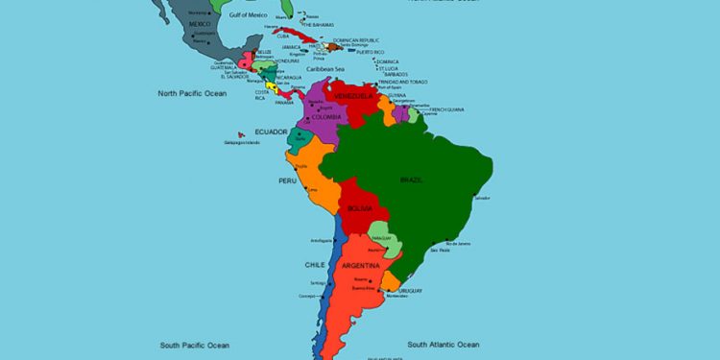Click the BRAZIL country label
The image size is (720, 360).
coord(411,180)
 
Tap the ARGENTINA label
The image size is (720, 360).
coord(360,265)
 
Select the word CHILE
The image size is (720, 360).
coord(316,264)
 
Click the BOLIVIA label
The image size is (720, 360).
coord(360,207)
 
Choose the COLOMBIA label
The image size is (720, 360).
coord(326,117)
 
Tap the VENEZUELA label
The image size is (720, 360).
coord(351,96)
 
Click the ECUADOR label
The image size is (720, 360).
coord(272,131)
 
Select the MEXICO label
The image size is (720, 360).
coord(200,23)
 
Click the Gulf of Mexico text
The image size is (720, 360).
coord(249,15)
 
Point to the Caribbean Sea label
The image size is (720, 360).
coord(325,69)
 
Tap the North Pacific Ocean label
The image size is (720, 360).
coord(192,93)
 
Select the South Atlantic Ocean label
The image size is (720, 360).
coord(443,344)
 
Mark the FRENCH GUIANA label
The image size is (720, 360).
coord(446,109)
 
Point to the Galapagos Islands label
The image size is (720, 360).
coord(242,142)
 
